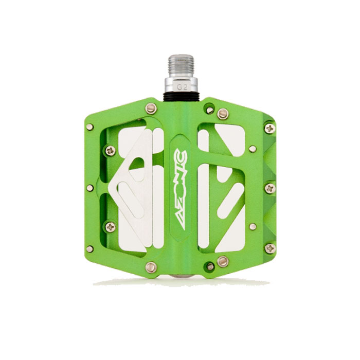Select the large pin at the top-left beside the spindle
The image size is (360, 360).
point(151,109)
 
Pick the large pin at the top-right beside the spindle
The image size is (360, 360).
point(222,114)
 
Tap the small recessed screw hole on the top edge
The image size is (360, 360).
point(209,109)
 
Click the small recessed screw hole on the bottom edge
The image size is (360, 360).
point(210,266)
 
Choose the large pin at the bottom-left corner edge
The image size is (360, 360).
point(151,266)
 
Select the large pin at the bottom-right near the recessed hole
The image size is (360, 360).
point(222,261)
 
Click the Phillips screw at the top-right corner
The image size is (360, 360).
point(269,128)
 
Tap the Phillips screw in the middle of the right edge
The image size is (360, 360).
point(269,189)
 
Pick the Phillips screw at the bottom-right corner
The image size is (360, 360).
point(269,248)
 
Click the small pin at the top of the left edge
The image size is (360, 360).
point(90,127)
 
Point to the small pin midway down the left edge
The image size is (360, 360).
point(90,188)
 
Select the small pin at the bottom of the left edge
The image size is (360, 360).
point(90,249)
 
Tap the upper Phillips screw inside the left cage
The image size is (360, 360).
point(111,150)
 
